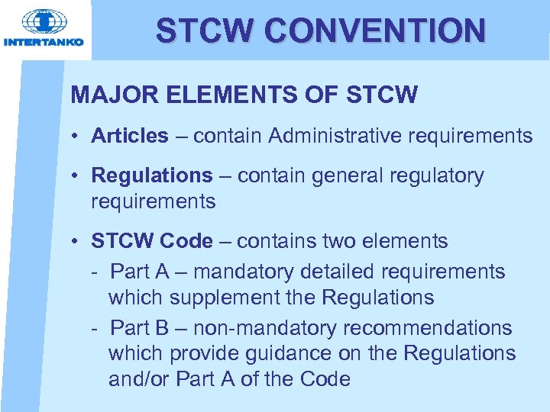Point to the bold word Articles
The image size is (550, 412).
click(129, 136)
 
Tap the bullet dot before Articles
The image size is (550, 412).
click(78, 137)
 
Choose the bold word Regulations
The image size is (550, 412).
click(152, 175)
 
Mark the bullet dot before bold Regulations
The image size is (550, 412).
click(78, 176)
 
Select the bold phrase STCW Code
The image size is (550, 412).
click(152, 241)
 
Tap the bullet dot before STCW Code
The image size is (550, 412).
click(78, 242)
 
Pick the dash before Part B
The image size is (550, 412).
click(94, 328)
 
